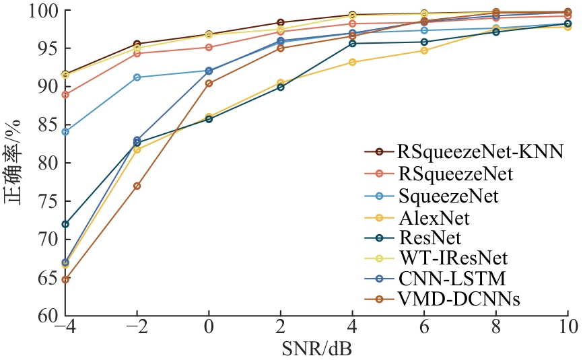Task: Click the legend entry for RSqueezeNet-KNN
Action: pos(479,151)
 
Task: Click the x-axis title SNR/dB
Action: pos(316,349)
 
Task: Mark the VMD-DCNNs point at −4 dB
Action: pos(65,279)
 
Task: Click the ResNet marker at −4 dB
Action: pos(65,224)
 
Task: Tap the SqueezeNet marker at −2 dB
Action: pos(137,77)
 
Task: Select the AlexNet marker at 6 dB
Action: pos(424,50)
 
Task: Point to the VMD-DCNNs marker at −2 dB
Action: pos(137,186)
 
